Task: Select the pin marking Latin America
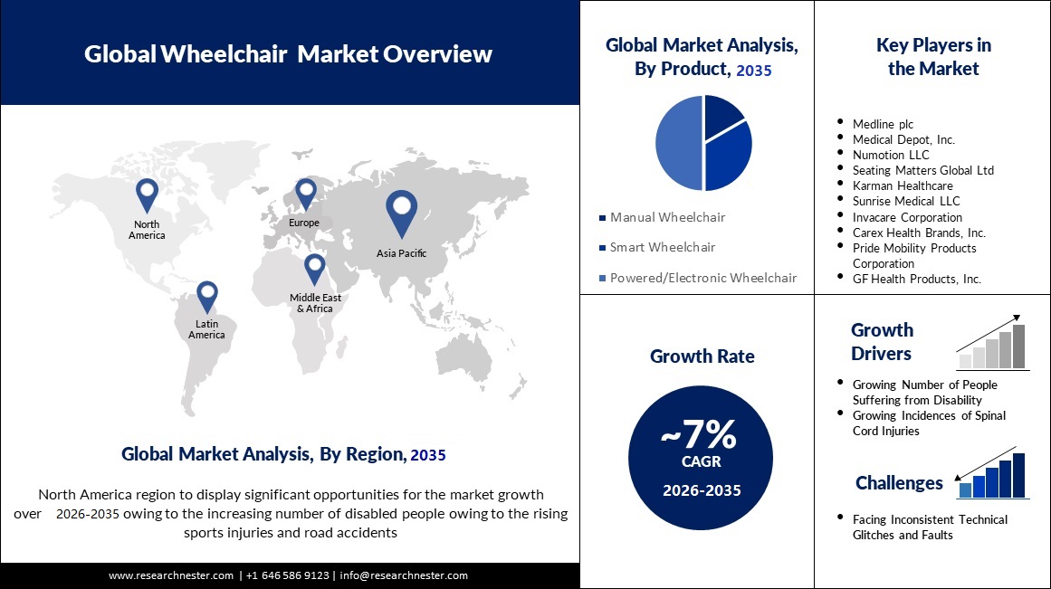207,295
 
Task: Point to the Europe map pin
305,193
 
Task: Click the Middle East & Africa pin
314,268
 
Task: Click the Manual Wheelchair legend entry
667,217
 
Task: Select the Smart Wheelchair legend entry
663,247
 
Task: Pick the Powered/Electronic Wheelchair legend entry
702,278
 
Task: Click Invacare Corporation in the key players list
907,217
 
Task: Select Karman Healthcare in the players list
903,185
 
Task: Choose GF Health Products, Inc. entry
916,279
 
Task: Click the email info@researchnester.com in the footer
404,575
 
